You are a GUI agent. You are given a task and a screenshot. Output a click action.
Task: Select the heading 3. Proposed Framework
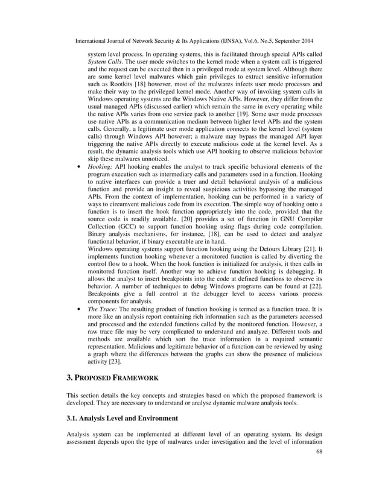[x=112, y=377]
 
